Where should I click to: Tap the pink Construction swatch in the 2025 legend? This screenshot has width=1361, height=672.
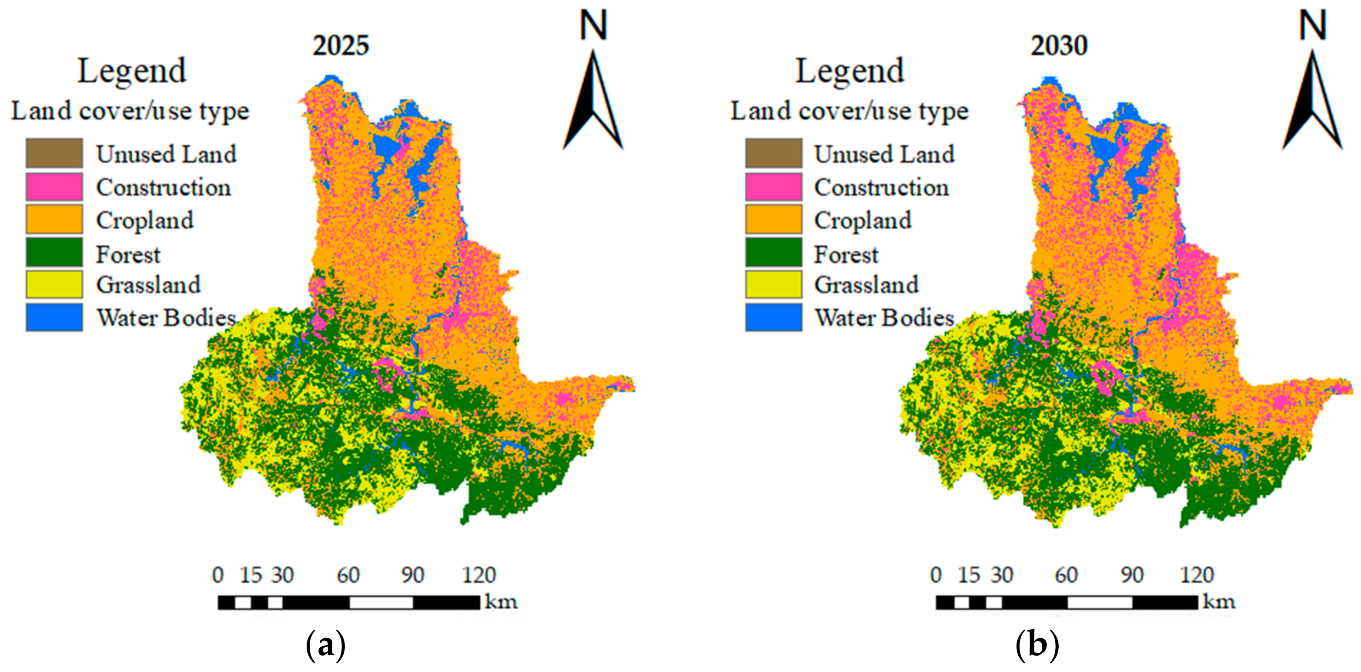tap(54, 187)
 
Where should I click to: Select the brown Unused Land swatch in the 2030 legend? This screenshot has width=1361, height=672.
tap(773, 153)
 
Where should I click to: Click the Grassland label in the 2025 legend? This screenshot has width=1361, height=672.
tap(148, 285)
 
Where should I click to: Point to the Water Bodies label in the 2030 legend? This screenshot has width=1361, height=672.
tap(884, 318)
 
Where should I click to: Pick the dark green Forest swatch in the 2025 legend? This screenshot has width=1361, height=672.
tap(54, 252)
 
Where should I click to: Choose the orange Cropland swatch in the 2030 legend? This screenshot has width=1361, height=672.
tap(773, 220)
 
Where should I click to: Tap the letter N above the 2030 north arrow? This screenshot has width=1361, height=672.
tap(1312, 25)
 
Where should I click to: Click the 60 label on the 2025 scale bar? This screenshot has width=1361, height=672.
tap(348, 575)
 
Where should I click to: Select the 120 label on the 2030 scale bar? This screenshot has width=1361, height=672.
tap(1197, 575)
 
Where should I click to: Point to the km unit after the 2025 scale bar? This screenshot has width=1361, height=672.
tap(500, 602)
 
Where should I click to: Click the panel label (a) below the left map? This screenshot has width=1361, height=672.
tap(326, 645)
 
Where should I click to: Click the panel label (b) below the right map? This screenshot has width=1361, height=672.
tap(1037, 645)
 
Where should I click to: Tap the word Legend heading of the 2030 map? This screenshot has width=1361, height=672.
tap(849, 71)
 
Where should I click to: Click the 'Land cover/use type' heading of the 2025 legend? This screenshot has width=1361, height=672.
tap(130, 111)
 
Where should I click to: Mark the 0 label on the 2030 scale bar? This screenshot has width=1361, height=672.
tap(936, 575)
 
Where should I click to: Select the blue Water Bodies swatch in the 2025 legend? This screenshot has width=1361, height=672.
tap(54, 317)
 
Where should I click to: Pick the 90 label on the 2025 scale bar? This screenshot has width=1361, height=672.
tap(413, 575)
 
